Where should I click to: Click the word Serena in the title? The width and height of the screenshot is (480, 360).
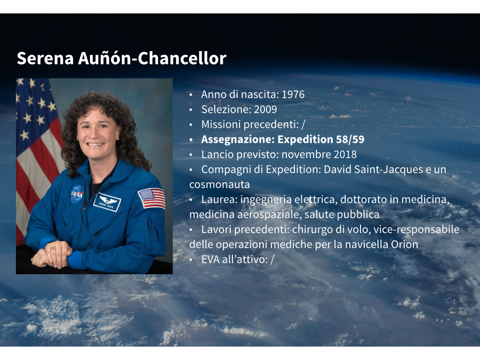coord(45,58)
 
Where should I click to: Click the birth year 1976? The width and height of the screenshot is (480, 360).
coord(293,94)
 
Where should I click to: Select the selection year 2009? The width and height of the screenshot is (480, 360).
coord(265,109)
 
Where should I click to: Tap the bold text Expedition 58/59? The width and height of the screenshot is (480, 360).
coord(321,139)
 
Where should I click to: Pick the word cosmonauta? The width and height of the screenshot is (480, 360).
coord(219,184)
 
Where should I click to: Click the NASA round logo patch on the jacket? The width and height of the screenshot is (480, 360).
coord(77,194)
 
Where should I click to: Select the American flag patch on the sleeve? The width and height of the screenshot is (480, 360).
coord(151,198)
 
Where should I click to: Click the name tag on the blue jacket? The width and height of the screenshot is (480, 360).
coord(107,202)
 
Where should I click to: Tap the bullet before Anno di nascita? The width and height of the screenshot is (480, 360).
coord(191,95)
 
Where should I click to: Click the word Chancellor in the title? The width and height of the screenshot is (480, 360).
coord(182,58)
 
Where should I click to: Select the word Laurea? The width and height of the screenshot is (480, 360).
coord(219,200)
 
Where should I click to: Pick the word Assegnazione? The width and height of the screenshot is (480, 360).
coord(238,140)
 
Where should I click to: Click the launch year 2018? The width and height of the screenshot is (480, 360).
coord(345,154)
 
